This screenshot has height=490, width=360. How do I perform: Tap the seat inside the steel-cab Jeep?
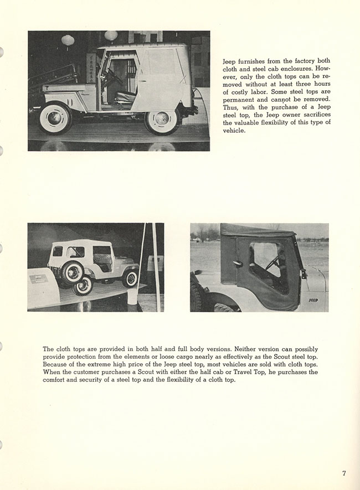(125, 97)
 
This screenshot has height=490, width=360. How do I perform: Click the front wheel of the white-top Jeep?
(130, 278)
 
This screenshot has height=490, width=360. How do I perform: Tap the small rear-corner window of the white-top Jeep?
(58, 251)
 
